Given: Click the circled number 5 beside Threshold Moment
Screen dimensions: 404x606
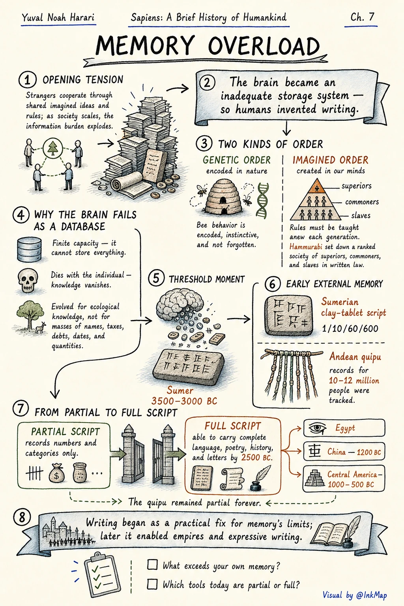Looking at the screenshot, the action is (156, 278).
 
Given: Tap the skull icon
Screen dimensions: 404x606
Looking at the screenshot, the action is (27, 280).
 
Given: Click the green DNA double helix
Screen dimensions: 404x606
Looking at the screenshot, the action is (262, 200).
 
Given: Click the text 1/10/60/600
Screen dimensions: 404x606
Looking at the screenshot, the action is (350, 328).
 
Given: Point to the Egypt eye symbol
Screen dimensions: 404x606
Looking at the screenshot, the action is (316, 428).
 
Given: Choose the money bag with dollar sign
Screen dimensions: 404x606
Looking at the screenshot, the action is (56, 473).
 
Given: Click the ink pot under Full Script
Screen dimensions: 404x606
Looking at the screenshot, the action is (255, 486).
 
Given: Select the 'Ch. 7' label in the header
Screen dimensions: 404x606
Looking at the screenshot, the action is (362, 18).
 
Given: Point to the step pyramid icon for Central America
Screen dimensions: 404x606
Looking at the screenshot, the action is (315, 478).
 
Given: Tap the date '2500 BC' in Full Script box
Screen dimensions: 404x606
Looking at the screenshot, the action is (256, 458).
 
